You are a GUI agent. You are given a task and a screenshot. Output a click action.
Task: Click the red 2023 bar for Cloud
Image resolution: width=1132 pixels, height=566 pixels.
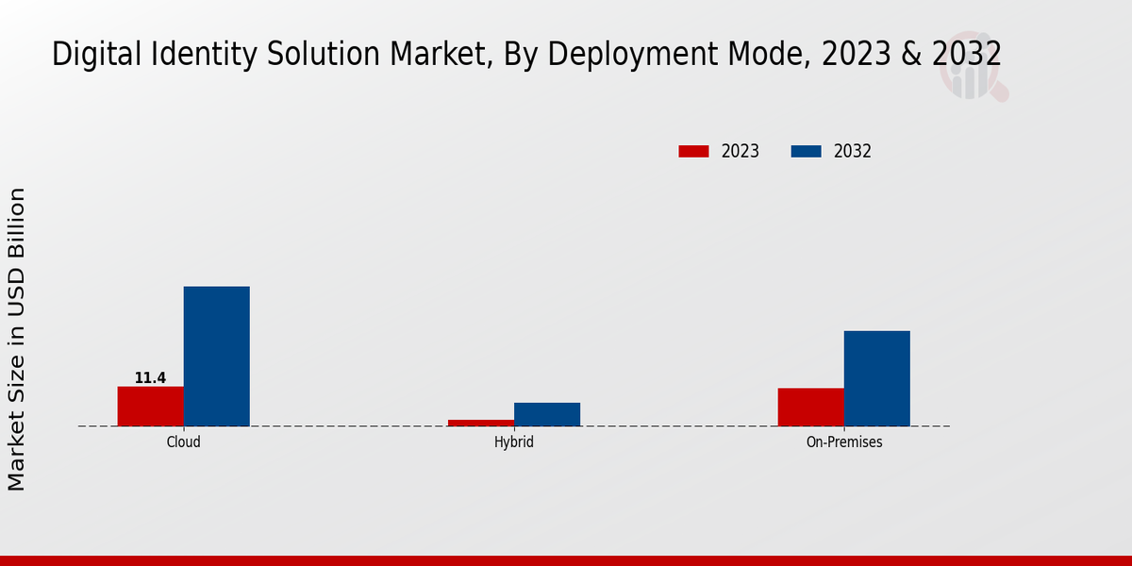(x=150, y=407)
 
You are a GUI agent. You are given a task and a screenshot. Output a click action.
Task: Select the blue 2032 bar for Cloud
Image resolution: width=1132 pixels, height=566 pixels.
(x=216, y=357)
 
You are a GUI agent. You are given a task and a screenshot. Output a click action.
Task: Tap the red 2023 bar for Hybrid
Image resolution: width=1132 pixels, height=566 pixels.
(x=481, y=423)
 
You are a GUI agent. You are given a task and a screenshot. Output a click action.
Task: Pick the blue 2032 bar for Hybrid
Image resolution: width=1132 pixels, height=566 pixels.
(x=547, y=414)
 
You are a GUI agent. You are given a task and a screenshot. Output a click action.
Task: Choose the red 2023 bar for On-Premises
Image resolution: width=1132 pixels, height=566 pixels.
(x=810, y=408)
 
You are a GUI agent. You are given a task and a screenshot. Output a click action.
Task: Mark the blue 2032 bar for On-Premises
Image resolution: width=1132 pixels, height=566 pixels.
(x=876, y=378)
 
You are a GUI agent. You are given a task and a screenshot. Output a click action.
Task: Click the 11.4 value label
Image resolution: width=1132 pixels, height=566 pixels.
(x=150, y=378)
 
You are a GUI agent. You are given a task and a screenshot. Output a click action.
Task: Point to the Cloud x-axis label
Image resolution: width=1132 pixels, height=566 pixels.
(x=183, y=441)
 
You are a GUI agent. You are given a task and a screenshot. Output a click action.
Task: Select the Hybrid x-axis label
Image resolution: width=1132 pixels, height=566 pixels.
(x=514, y=441)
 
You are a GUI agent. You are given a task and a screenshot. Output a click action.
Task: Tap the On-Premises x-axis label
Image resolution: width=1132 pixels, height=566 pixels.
(x=844, y=441)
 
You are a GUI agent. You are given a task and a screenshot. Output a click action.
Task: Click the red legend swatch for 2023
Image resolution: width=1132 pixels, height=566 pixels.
(x=693, y=151)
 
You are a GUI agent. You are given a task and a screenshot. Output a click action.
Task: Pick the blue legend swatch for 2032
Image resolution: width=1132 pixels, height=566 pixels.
(x=806, y=151)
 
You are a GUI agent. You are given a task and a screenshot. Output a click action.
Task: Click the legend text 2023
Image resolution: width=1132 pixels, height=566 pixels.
(x=741, y=151)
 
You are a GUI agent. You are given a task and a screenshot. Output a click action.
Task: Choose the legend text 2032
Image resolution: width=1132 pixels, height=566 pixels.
(x=853, y=151)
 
